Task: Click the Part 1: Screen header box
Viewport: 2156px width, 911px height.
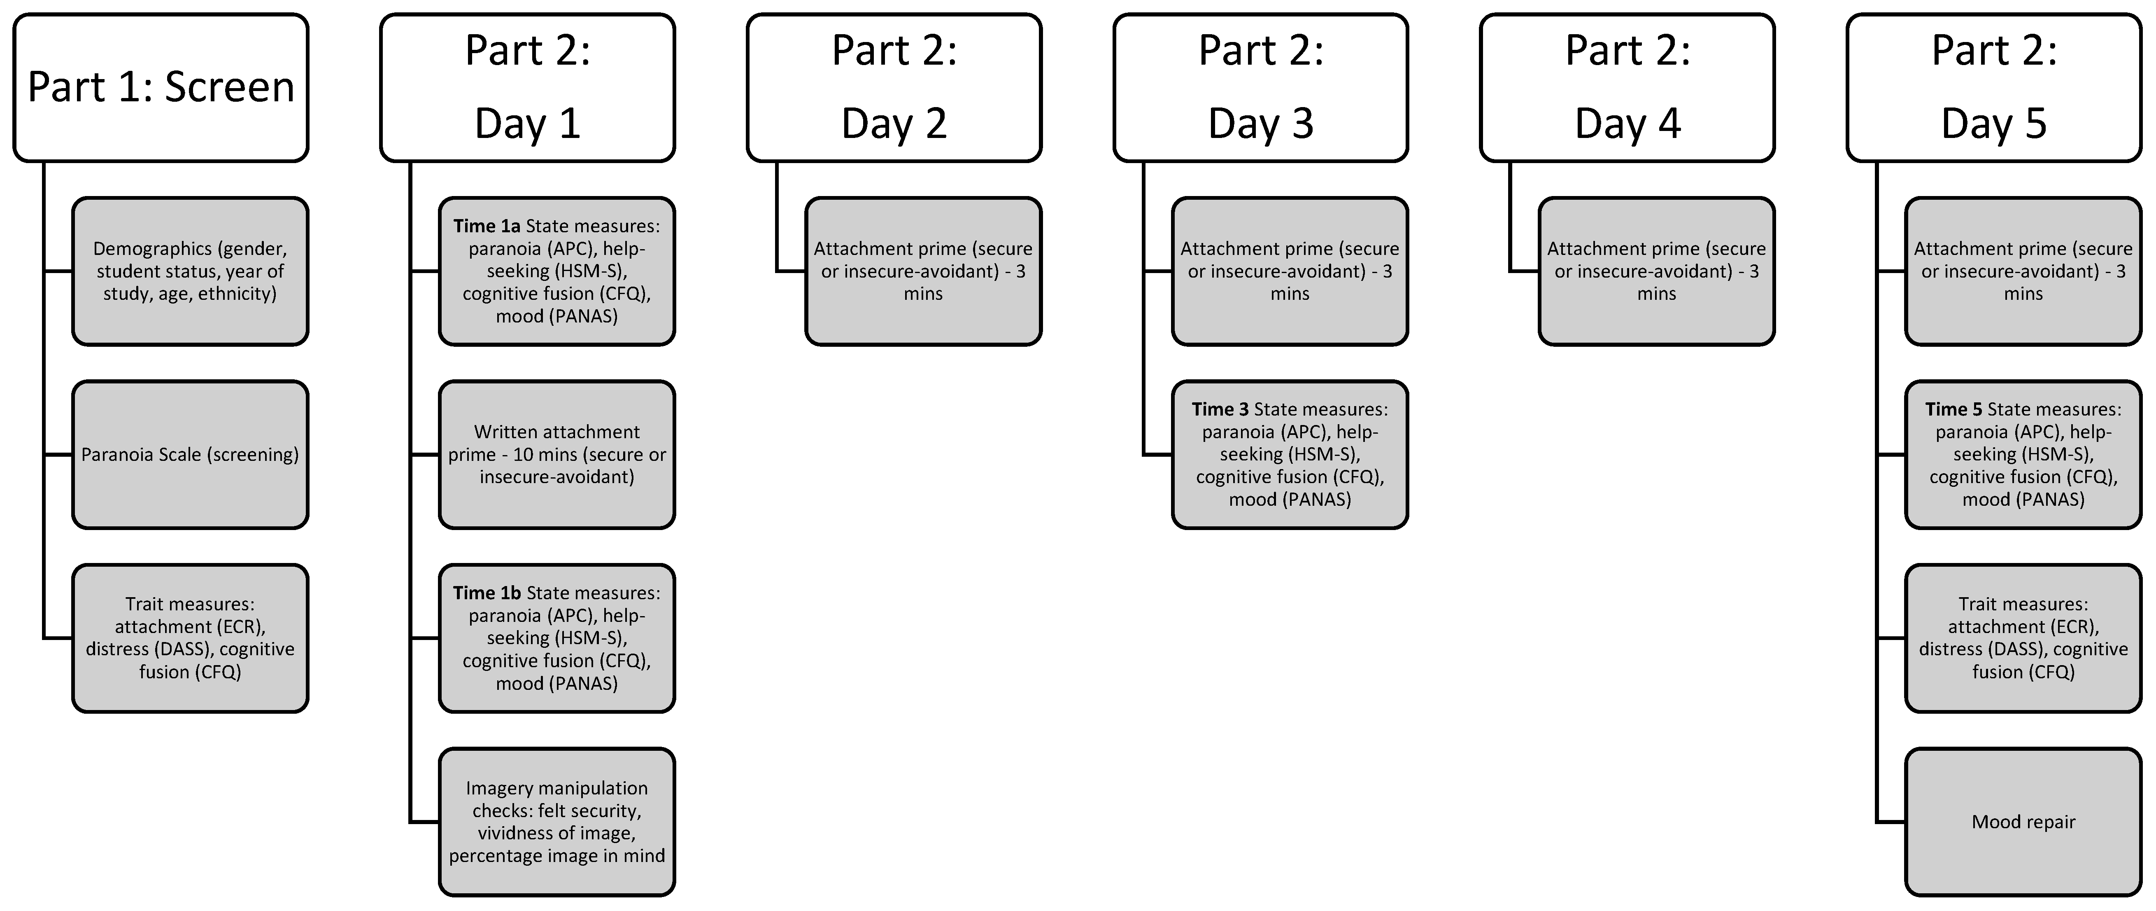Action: click(161, 87)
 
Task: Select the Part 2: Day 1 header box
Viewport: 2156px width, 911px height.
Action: click(527, 87)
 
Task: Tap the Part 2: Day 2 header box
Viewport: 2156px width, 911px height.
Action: click(894, 87)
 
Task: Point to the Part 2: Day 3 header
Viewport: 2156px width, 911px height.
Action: click(1260, 87)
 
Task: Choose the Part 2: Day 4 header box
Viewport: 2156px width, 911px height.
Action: click(1627, 87)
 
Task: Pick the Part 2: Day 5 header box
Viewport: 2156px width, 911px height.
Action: click(1994, 87)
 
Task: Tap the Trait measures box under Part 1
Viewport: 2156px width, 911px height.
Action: click(190, 638)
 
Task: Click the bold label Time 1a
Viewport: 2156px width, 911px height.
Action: click(486, 226)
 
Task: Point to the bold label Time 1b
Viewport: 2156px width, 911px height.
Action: click(486, 593)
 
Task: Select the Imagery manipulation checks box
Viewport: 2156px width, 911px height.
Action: click(556, 821)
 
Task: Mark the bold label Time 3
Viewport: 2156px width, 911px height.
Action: click(1220, 409)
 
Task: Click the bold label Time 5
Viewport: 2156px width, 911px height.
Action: click(1953, 409)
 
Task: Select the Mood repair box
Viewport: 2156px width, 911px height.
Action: click(2023, 821)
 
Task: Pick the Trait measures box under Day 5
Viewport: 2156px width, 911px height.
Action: click(2023, 638)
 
